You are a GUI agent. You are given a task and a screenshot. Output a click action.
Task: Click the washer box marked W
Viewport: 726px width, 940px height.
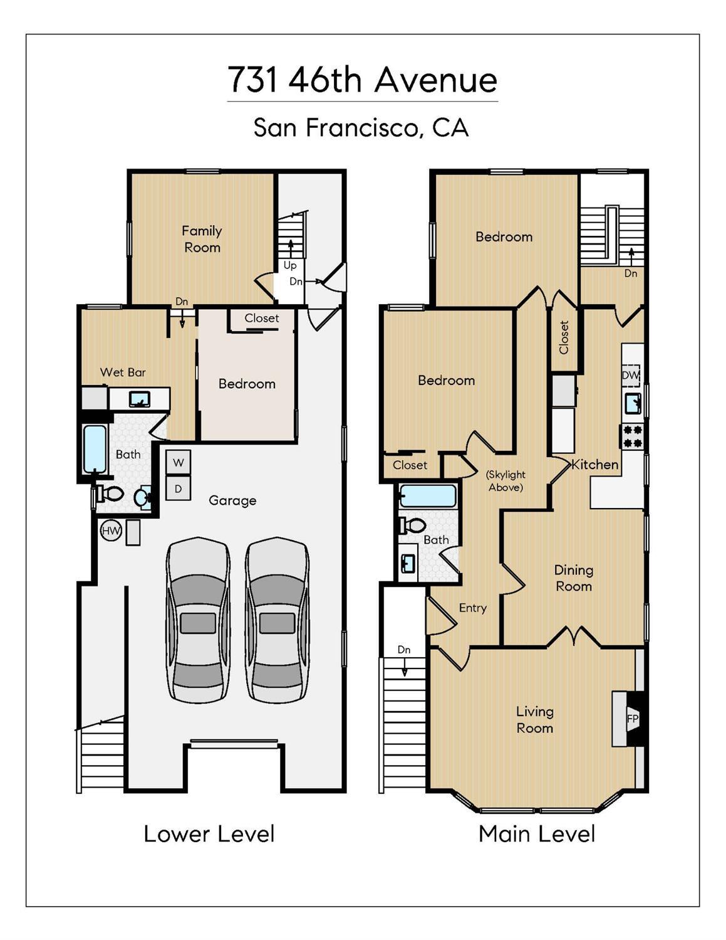(179, 462)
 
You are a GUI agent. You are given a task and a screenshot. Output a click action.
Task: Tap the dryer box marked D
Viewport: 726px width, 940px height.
(179, 488)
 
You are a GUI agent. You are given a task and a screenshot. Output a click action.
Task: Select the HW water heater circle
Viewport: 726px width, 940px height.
(111, 531)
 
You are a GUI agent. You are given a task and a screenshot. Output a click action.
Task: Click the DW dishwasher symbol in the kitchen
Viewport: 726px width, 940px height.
(631, 376)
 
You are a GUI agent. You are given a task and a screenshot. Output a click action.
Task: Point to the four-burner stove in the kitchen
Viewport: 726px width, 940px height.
(632, 436)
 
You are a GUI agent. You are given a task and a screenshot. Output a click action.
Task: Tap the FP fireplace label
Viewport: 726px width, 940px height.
(633, 719)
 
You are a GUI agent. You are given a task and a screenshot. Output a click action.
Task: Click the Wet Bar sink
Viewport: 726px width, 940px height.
(140, 399)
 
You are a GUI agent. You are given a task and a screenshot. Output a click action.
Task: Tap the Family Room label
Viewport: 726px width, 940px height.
(202, 239)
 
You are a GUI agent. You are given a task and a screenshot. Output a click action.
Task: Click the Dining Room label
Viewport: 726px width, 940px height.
(573, 578)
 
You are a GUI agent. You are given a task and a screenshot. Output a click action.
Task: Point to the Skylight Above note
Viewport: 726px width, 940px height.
(506, 481)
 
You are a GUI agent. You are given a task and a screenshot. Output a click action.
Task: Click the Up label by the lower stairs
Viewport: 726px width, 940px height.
(290, 265)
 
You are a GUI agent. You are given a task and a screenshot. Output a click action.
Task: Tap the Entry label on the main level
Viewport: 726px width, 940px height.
(473, 608)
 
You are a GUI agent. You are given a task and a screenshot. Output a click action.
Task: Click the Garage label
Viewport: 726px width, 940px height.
(232, 501)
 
